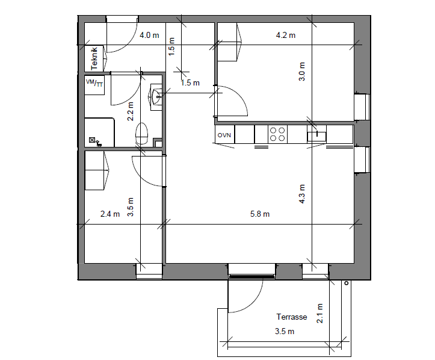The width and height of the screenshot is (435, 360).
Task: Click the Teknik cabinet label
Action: coord(94,58)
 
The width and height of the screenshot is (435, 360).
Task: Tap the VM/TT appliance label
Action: coord(94,82)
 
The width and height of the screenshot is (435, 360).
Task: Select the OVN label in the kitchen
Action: coord(224,135)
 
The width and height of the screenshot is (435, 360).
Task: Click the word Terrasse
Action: coord(292,317)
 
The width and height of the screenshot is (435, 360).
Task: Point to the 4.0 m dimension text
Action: coord(149,36)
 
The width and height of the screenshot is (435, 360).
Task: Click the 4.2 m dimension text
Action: coord(285,36)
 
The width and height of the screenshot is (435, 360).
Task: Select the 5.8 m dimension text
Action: coord(260,214)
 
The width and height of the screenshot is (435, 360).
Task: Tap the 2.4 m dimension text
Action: coord(110,214)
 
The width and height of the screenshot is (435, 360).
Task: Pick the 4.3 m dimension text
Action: coord(302,194)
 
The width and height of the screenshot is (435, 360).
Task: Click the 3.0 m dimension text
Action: coord(302,71)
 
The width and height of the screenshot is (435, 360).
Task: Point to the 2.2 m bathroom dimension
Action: coord(130,111)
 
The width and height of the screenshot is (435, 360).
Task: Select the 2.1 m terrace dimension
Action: coord(319,314)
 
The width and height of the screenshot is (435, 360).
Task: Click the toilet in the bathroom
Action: coord(141,134)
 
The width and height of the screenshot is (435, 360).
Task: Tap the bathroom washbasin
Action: coord(156,97)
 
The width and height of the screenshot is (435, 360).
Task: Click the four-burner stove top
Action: coord(277,134)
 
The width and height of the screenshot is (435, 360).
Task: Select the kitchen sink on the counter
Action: coord(316,135)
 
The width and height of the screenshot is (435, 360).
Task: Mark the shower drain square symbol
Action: coord(92,140)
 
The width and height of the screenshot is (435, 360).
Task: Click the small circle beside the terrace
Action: coord(346,283)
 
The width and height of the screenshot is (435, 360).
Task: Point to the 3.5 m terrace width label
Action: coord(285,332)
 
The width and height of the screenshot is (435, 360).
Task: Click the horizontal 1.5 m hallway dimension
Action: coord(190,82)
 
